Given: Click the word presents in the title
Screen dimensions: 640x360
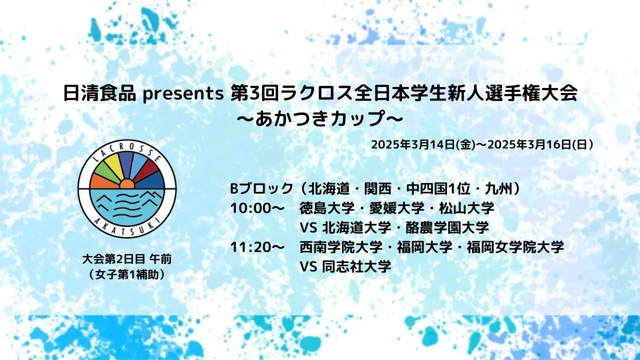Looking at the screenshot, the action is point(183,94).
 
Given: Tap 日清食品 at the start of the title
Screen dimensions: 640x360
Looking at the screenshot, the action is point(99,93).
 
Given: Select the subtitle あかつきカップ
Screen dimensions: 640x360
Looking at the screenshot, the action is point(320,118).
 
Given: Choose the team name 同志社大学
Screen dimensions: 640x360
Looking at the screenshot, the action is point(356,267).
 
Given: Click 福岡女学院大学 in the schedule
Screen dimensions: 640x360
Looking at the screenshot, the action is point(515,247).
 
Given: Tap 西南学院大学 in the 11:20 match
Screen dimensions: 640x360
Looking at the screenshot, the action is point(341,247).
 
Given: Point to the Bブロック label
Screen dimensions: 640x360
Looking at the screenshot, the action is point(261,189).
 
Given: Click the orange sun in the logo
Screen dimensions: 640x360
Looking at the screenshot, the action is point(127,184).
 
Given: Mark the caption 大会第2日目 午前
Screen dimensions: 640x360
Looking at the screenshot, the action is point(127,259).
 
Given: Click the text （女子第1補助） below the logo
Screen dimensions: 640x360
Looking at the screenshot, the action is point(127,274).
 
